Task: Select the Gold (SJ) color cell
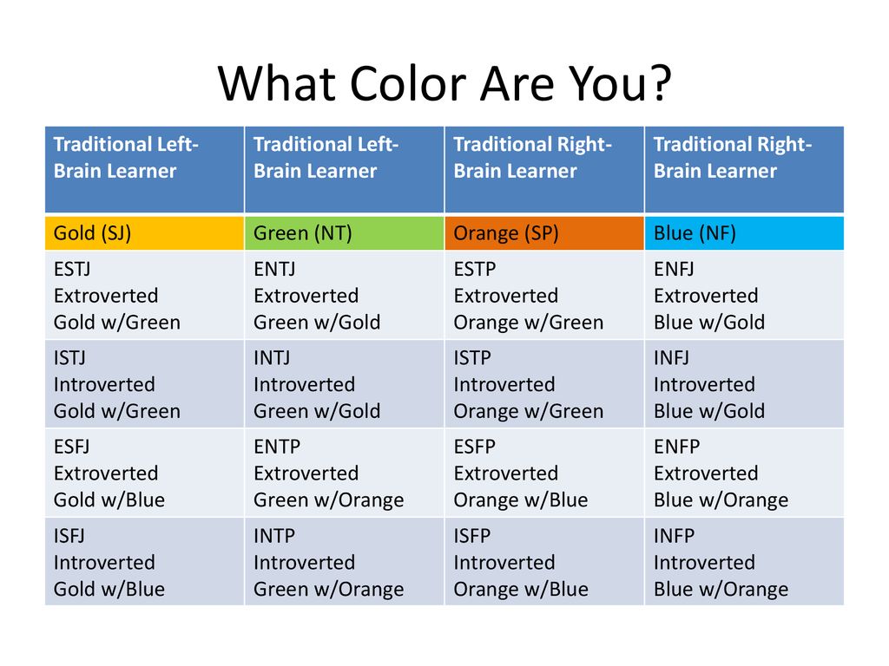click(145, 232)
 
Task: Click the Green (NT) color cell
click(344, 232)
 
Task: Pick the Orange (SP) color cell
click(544, 232)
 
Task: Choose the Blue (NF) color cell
click(744, 232)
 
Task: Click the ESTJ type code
click(72, 269)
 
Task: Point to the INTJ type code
click(272, 358)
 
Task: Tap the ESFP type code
click(475, 447)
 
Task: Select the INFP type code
click(674, 536)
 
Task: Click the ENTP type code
click(277, 447)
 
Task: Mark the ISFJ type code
click(69, 536)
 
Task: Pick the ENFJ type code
click(674, 269)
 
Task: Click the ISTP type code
click(472, 358)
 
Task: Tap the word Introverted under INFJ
click(704, 384)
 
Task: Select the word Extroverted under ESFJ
click(106, 473)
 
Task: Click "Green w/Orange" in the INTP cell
click(329, 590)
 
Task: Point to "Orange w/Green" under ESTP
click(529, 323)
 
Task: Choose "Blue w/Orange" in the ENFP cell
click(721, 500)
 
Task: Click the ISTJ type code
click(69, 358)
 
